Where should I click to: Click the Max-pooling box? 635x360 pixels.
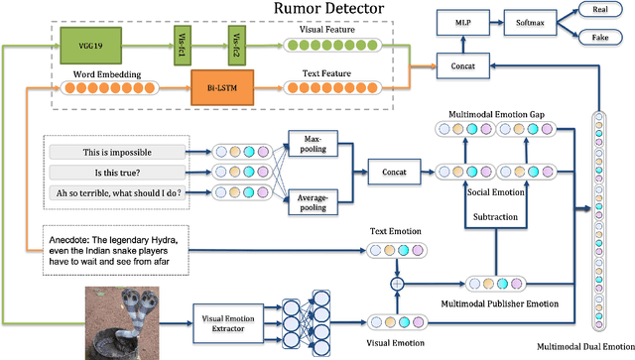coord(314,142)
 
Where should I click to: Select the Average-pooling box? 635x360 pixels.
coord(314,202)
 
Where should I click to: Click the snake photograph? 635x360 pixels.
coord(122,319)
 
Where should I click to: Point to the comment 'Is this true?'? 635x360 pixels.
coord(116,173)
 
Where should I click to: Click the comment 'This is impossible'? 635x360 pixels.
coord(116,152)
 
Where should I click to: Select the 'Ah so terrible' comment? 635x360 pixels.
coord(116,193)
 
